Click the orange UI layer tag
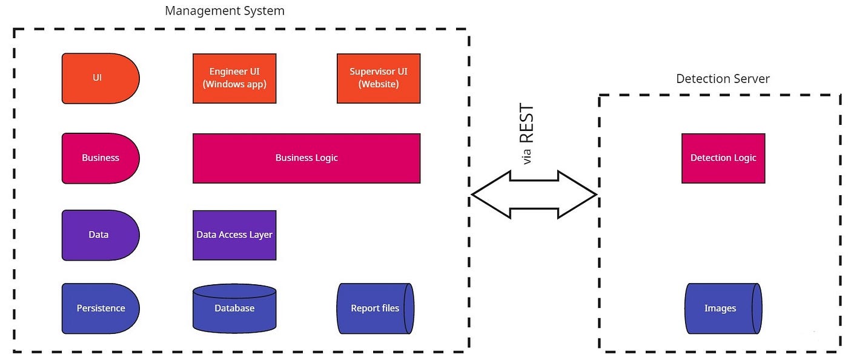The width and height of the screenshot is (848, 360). click(x=101, y=78)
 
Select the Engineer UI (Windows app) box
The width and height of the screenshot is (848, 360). click(x=234, y=78)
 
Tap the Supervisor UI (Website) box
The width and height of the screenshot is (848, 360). click(x=379, y=78)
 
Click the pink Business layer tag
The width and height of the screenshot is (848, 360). click(x=101, y=158)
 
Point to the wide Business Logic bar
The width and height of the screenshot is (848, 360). click(x=306, y=158)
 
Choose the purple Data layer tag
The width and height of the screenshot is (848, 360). click(x=101, y=235)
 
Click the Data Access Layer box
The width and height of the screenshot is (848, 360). click(x=234, y=235)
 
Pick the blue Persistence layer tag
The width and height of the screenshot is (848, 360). click(x=101, y=308)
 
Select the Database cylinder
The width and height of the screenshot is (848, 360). click(x=234, y=308)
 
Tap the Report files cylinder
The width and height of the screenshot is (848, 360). click(x=375, y=308)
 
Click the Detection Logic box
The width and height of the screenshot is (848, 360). click(x=723, y=158)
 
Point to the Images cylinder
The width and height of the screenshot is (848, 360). click(x=723, y=308)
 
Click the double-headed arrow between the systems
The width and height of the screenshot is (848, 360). click(x=534, y=195)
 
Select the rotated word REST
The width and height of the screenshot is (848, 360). click(x=526, y=123)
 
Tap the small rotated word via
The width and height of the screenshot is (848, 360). click(x=526, y=156)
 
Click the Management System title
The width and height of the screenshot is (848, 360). click(x=225, y=11)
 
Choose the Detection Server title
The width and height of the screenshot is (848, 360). click(x=723, y=79)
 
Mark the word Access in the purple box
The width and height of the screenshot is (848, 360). click(x=231, y=235)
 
